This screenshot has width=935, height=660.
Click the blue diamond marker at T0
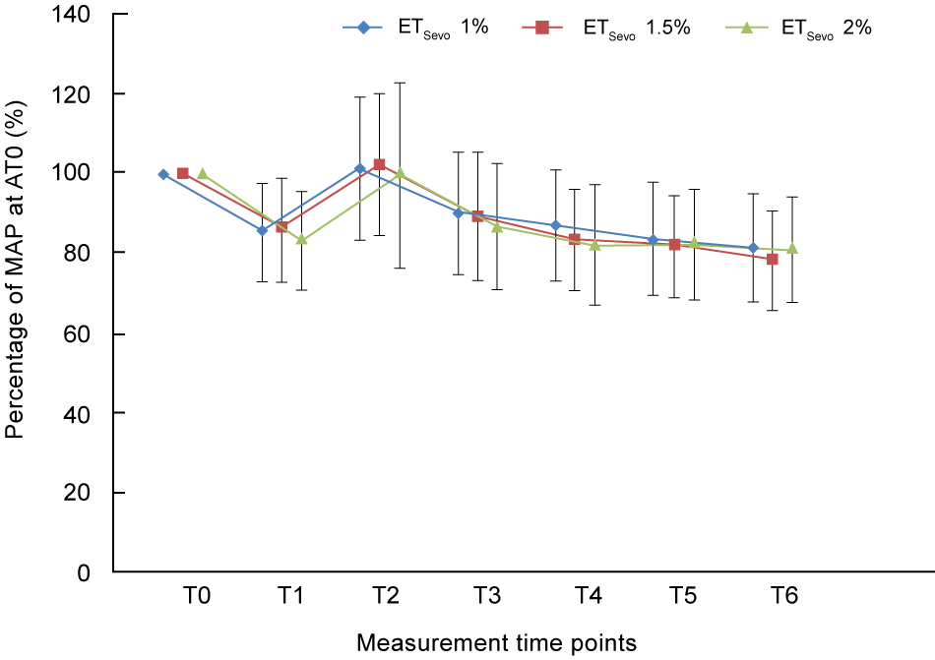click(x=163, y=174)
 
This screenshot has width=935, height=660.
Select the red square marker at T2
click(x=379, y=164)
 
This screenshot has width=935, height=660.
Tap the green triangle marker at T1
click(x=301, y=239)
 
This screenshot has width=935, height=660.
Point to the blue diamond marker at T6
click(x=753, y=248)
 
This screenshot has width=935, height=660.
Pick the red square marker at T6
click(x=773, y=259)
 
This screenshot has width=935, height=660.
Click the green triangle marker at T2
click(x=400, y=173)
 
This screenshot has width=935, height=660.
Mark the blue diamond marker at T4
click(x=556, y=225)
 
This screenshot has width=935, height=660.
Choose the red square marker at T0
click(x=183, y=173)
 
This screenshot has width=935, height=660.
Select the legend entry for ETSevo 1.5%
click(x=609, y=28)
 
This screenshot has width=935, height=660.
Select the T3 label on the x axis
click(x=486, y=596)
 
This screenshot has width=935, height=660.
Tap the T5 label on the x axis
click(x=684, y=596)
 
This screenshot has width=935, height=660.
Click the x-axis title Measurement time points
click(x=496, y=643)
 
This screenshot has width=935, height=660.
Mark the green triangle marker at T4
click(x=595, y=245)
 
